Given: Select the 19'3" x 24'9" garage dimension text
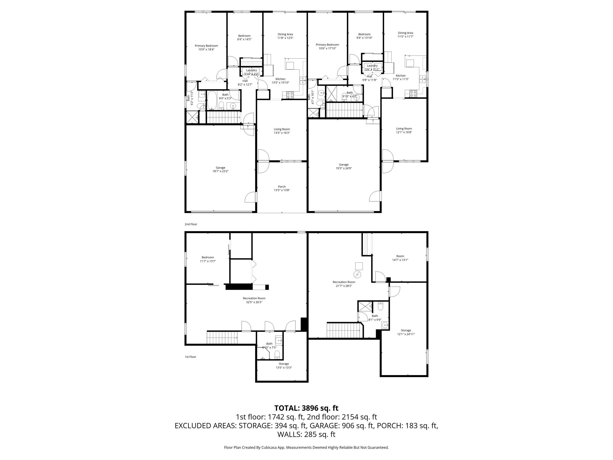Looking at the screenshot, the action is pos(344,168).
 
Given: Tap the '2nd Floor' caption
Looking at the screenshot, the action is pos(191,224).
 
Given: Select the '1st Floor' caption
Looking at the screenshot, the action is pos(190,357).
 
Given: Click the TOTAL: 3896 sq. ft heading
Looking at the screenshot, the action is pos(306,408).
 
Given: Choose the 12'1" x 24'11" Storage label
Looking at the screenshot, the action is pos(406,332).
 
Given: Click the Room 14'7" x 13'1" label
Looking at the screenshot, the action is pos(400,258).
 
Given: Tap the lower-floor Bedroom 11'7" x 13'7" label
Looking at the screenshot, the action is pos(208,259).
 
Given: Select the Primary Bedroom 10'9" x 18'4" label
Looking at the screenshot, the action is pos(206,47).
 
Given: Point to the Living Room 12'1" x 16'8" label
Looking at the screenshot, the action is pos(404,130).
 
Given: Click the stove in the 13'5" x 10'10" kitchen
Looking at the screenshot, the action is pos(290,95).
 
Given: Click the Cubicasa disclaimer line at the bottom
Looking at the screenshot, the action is pos(306,448).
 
